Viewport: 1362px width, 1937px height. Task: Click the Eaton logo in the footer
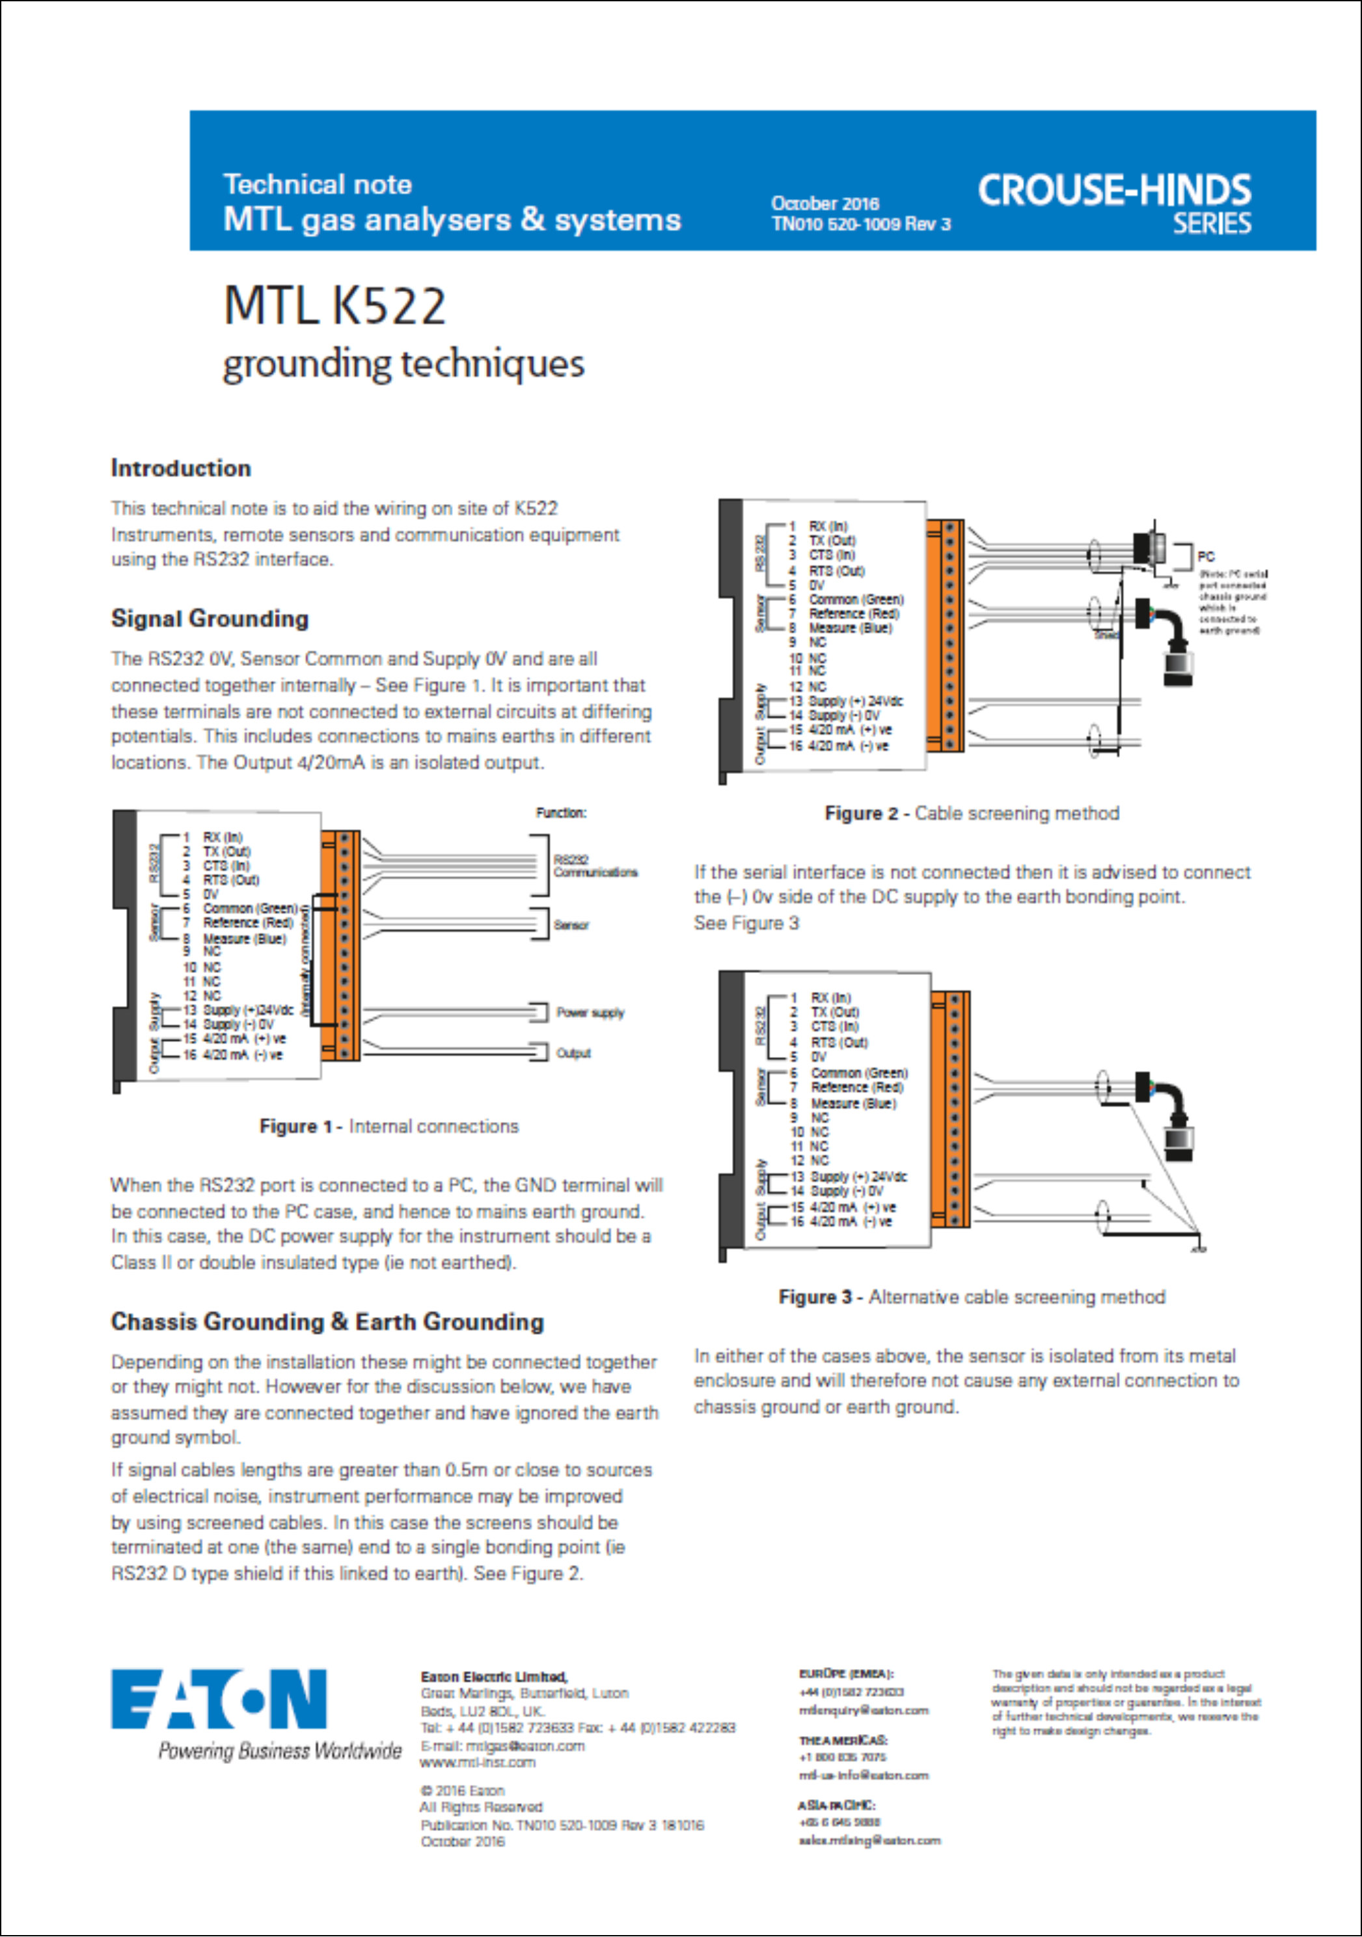coord(219,1699)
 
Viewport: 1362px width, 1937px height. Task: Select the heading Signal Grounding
coord(210,619)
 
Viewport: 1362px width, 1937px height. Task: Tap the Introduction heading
coord(181,468)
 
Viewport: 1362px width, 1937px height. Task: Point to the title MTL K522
coord(334,306)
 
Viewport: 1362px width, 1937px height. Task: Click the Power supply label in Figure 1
coord(589,1012)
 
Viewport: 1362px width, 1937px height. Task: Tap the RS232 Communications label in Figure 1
coord(594,866)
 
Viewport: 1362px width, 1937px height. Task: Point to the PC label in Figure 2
coord(1206,556)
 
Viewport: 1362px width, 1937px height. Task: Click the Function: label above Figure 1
coord(560,813)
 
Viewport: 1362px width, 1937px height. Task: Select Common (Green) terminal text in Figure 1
coord(250,909)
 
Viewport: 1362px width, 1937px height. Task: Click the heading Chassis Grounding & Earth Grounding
coord(327,1322)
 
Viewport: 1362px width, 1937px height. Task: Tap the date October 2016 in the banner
coord(824,204)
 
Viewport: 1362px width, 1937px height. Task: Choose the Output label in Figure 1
coord(573,1053)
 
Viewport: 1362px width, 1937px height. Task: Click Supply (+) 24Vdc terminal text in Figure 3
coord(858,1176)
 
